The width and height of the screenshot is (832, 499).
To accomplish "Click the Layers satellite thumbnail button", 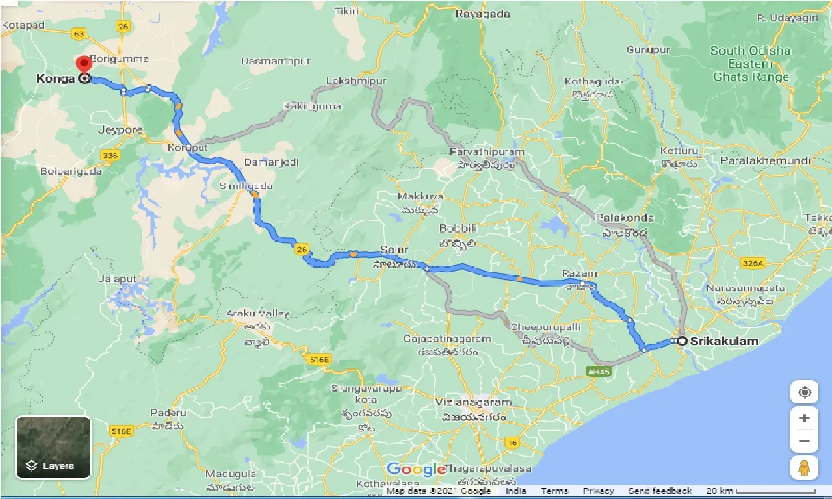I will pyautogui.click(x=53, y=448).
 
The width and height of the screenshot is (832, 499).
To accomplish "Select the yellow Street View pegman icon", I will pyautogui.click(x=804, y=468).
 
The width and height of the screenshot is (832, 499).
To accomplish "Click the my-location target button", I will pyautogui.click(x=804, y=393).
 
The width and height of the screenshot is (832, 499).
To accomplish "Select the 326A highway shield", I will pyautogui.click(x=753, y=262).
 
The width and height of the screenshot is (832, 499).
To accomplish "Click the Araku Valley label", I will pyautogui.click(x=257, y=313).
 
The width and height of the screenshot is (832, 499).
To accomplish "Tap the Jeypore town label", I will pyautogui.click(x=120, y=130).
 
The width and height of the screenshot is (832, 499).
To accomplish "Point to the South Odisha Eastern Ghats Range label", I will pyautogui.click(x=751, y=64).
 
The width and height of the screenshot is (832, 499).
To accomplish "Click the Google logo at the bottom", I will pyautogui.click(x=415, y=470).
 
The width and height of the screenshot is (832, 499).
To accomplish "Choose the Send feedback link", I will pyautogui.click(x=660, y=491).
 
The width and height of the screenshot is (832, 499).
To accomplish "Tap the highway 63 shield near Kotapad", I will pyautogui.click(x=79, y=33).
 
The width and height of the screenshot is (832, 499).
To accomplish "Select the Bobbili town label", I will pyautogui.click(x=458, y=229).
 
